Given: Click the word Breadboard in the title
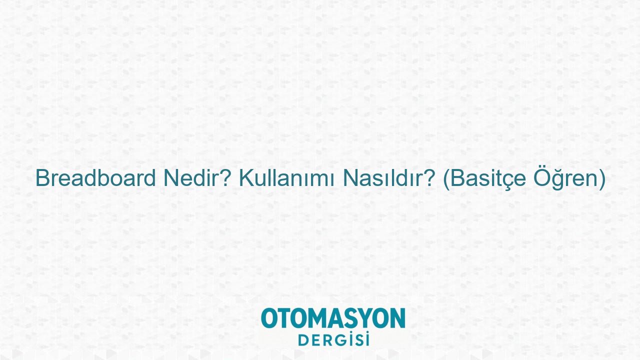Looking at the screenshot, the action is (95, 178).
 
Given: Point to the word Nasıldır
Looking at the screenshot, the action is (383, 178).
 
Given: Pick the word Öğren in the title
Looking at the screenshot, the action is (565, 178).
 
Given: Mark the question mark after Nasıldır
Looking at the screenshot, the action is (429, 178).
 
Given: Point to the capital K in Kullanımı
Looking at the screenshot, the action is (246, 178).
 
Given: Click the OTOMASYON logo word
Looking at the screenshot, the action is (333, 318).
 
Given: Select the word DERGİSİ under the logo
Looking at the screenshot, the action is (333, 339).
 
